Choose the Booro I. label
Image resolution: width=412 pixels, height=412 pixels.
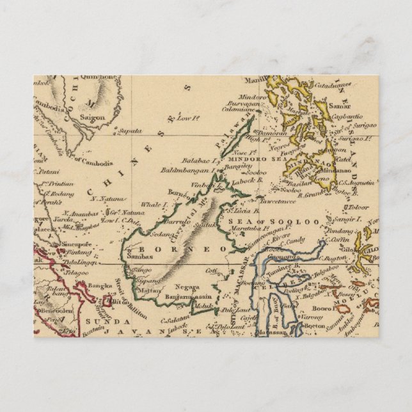(x=329, y=306)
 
